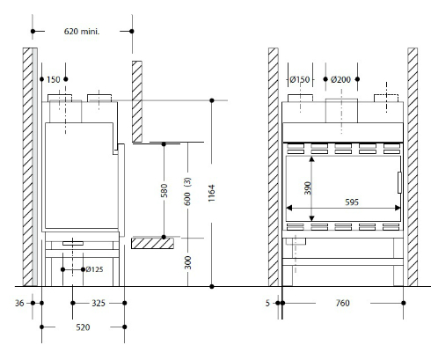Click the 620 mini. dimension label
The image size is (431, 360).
tap(82, 31)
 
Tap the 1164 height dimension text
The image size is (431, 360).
tap(212, 193)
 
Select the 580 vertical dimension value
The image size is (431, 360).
tap(164, 190)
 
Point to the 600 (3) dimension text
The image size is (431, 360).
tap(187, 191)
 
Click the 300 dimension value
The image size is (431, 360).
tap(187, 262)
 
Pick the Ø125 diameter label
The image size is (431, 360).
tap(94, 269)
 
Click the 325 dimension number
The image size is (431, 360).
tap(99, 303)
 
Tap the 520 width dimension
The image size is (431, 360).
tap(83, 327)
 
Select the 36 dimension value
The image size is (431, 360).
tap(19, 303)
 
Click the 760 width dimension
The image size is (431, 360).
tap(342, 303)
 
